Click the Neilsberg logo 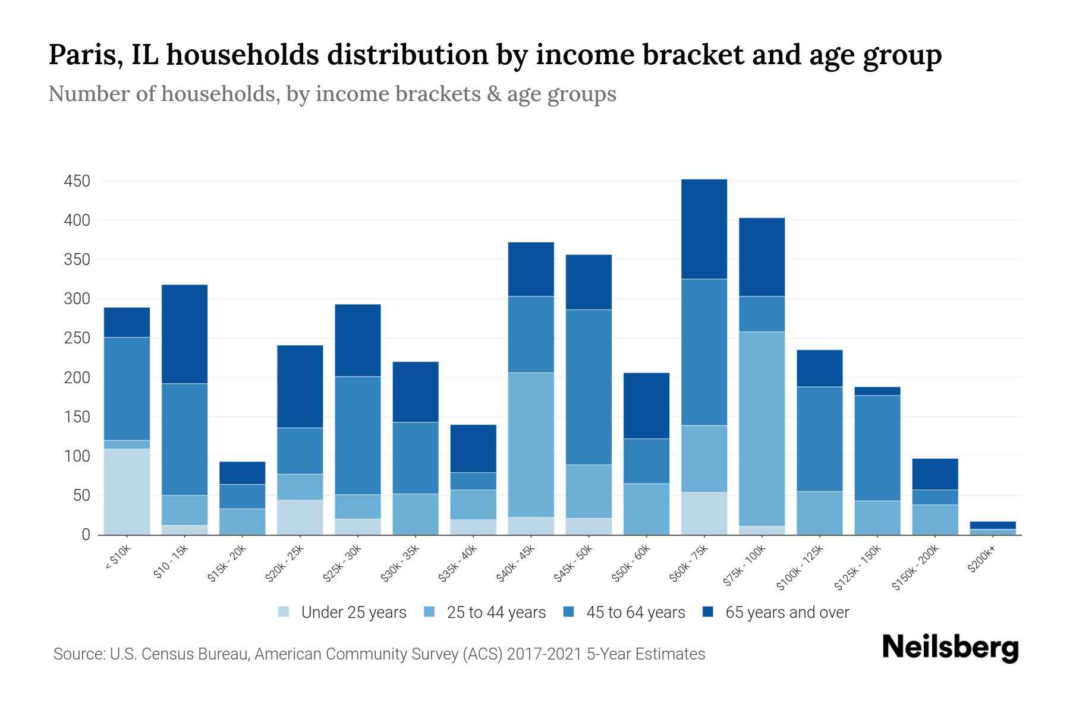pos(950,648)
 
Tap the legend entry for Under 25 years pos(353,613)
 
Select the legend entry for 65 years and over pos(786,613)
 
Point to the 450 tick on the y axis pos(77,181)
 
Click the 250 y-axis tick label pos(77,338)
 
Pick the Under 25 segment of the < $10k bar pos(127,491)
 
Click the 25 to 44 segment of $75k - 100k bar pos(761,428)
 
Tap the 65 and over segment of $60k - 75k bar pos(704,229)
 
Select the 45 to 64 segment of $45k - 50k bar pos(588,386)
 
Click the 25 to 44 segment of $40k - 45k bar pos(531,444)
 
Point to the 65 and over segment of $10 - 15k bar pos(184,334)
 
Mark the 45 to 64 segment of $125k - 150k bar pos(877,447)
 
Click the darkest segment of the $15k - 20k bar pos(242,473)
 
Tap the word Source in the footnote pos(78,654)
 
